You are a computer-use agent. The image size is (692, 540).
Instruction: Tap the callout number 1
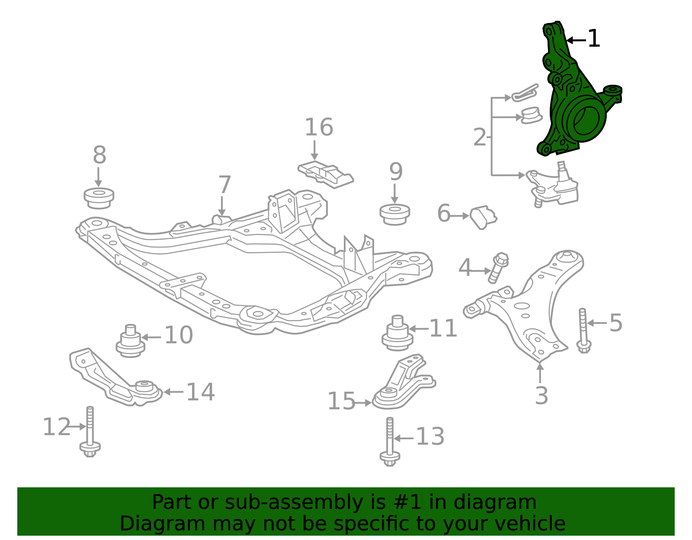coord(593,39)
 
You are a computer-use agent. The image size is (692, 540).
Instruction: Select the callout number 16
coord(319,127)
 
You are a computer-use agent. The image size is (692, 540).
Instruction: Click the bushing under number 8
coord(99,198)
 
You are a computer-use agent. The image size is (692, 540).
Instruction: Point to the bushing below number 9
coord(394,214)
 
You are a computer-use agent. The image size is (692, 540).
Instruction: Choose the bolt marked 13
coord(390,442)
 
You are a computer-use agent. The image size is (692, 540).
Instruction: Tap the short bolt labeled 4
coord(498,268)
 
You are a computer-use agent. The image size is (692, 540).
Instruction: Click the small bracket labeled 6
coord(484,217)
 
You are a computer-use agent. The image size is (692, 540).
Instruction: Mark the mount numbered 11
coord(397,333)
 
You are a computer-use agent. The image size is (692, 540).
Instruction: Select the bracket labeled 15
coord(403,382)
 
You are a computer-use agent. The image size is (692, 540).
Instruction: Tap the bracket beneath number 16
coord(326,174)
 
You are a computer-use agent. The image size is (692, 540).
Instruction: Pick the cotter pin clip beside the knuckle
coord(525,93)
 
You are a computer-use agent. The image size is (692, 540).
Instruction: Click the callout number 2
coord(480,137)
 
